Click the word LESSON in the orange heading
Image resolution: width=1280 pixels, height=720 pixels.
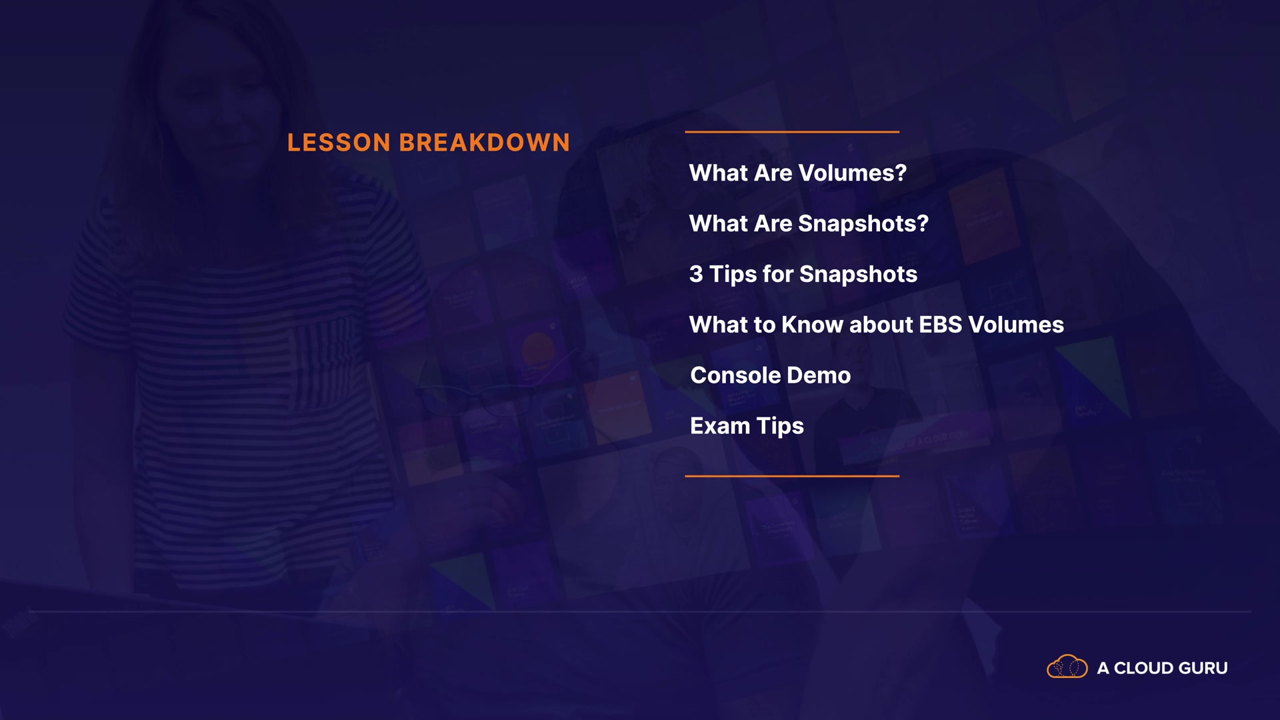(339, 143)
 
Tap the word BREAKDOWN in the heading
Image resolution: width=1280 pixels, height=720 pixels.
(485, 143)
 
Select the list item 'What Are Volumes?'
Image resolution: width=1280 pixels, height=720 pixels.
(798, 173)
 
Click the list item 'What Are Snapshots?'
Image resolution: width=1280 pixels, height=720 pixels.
(809, 224)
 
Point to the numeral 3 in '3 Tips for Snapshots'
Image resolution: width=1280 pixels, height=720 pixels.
(696, 274)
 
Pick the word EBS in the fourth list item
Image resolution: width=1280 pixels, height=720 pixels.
(941, 325)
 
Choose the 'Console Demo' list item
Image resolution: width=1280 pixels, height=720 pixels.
(771, 375)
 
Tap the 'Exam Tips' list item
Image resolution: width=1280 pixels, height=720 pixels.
(747, 427)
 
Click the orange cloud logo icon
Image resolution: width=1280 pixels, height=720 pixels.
(1067, 667)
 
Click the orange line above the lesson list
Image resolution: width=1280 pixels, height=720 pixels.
(792, 132)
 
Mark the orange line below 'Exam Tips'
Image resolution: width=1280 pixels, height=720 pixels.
(792, 476)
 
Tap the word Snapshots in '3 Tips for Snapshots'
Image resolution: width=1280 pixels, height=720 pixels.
(859, 274)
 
